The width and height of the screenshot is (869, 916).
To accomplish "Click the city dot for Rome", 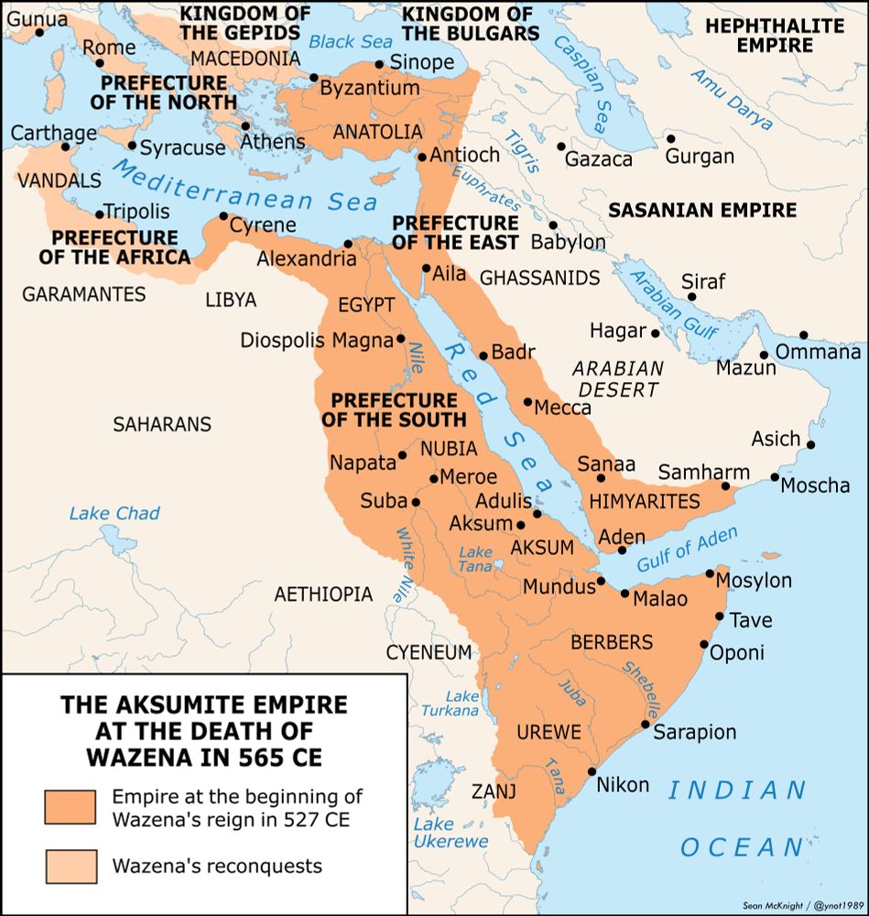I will click(100, 64).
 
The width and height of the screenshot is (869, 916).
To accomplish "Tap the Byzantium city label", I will click(369, 89).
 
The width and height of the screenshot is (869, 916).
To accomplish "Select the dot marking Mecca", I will click(527, 401).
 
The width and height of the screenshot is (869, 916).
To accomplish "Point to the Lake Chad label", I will click(114, 513).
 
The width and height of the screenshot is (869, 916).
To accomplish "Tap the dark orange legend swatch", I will click(70, 807).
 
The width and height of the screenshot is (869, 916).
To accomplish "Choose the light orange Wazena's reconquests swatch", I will click(70, 865).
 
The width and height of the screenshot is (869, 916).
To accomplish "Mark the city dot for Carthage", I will click(65, 147).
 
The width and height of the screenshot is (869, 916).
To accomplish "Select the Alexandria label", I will click(307, 259).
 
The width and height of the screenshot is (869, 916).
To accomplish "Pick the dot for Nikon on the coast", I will click(592, 771).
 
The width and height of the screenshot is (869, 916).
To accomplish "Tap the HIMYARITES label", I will click(645, 502).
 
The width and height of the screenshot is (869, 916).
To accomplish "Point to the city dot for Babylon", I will click(553, 225).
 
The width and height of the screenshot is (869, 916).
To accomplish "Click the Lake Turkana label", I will click(450, 703).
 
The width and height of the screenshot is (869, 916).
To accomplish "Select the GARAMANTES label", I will click(83, 294).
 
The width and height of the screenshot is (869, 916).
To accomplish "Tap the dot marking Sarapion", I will click(646, 725).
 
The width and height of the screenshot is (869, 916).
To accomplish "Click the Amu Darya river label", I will click(733, 100).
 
